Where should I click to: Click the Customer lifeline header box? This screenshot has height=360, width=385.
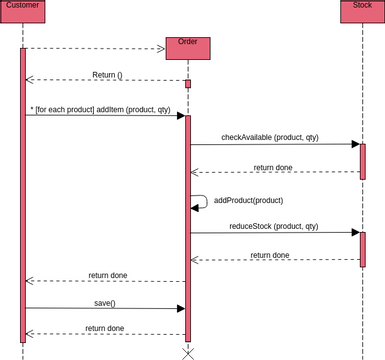coord(23,8)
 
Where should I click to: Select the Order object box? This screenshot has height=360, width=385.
coord(187,47)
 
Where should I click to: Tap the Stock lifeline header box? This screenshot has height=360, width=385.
coord(362,8)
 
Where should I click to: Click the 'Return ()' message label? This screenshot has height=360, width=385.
coord(107,75)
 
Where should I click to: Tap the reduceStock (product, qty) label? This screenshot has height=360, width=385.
coord(273,226)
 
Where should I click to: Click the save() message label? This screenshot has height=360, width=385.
coord(104,302)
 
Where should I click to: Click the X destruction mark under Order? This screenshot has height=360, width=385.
coord(187,353)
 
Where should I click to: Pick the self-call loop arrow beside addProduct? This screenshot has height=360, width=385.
coord(200,202)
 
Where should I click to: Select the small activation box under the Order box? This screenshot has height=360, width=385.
coord(187,84)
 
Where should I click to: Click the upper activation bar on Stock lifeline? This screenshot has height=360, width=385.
coord(363,160)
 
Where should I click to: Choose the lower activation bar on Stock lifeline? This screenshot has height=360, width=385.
coord(363,249)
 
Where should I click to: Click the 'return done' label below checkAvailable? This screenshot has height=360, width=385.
coord(273,167)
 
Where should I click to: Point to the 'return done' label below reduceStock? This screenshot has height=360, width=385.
coord(270,255)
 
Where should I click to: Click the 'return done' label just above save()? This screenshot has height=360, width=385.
coord(108,275)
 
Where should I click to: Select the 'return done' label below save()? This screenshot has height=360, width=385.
coord(105,328)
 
